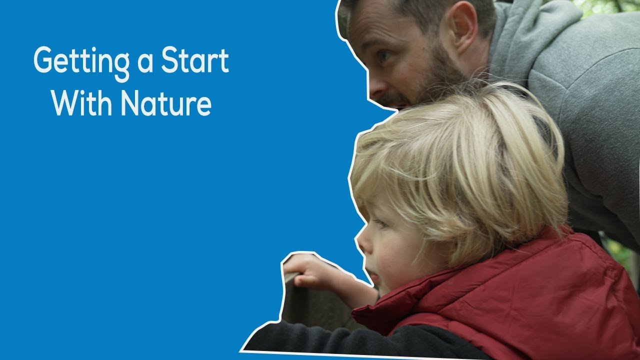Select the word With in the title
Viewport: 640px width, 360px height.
[x=82, y=103]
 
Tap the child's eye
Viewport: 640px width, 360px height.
[x=381, y=223]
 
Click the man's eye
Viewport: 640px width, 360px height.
[x=384, y=56]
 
